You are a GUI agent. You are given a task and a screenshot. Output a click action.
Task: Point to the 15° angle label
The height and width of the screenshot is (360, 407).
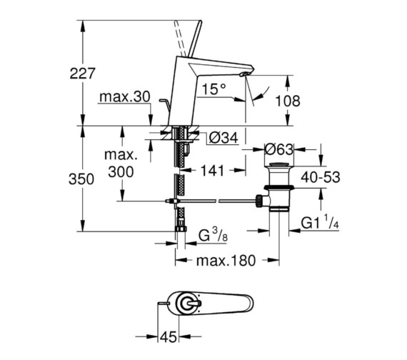[212, 89]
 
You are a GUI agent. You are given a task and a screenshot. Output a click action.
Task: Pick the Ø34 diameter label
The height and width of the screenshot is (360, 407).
[223, 138]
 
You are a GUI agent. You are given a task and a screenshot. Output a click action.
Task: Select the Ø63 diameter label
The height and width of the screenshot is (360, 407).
[281, 151]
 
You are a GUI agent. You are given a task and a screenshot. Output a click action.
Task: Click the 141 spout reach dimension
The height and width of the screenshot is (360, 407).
[213, 171]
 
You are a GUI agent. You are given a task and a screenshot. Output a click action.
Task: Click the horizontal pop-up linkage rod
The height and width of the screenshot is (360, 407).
[214, 202]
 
